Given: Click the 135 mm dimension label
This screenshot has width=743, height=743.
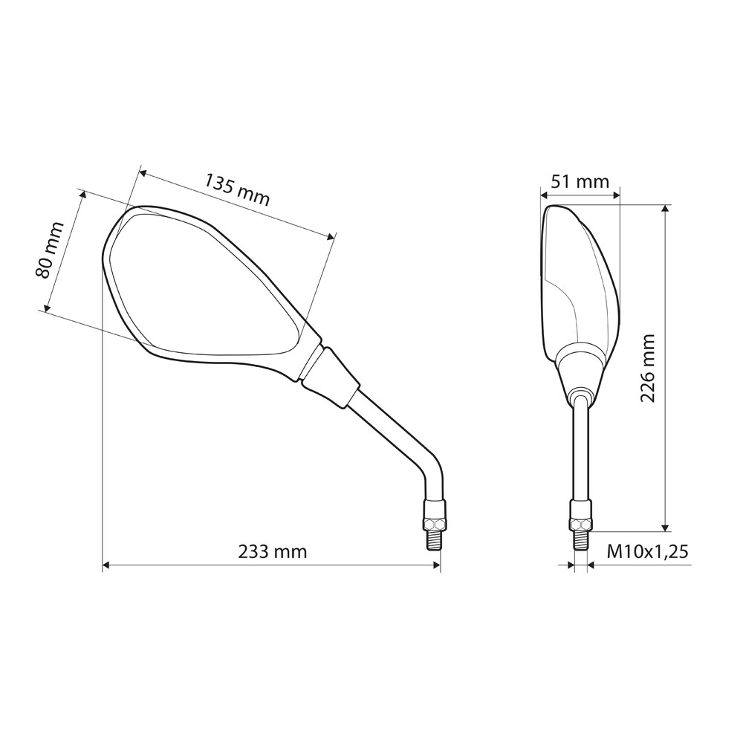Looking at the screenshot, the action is (237, 190).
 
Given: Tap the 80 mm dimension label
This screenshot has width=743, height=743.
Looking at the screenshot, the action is (49, 250).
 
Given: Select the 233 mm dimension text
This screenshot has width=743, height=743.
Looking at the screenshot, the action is (273, 551).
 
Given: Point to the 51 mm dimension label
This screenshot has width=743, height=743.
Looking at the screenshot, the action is (580, 181).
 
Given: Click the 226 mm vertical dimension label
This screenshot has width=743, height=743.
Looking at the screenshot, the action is (647, 369).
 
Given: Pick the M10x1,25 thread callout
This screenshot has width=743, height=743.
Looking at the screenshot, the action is (648, 551).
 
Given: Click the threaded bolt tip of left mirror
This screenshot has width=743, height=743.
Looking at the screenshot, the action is (435, 541).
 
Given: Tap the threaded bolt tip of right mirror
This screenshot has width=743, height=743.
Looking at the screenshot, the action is (581, 541).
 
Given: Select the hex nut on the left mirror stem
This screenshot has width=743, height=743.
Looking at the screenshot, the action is (435, 524).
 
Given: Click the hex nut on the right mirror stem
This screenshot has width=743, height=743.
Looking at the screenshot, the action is (581, 524).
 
